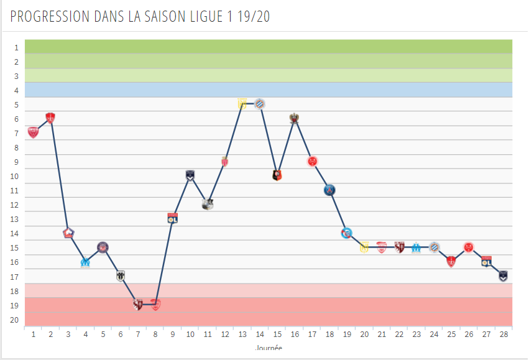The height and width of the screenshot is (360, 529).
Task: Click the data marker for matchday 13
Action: [x=242, y=104]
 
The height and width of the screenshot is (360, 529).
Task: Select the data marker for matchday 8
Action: [x=155, y=305]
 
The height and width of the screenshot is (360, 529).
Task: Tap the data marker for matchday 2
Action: [x=50, y=118]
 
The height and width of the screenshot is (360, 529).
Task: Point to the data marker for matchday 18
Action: [x=329, y=190]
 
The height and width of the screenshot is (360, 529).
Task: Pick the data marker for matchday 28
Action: [x=504, y=276]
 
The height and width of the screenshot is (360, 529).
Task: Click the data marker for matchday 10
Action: [x=190, y=175]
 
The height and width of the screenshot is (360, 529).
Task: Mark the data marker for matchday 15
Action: [x=277, y=175]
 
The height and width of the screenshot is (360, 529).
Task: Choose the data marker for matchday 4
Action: [x=85, y=262]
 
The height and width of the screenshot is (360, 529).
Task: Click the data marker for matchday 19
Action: [x=347, y=233]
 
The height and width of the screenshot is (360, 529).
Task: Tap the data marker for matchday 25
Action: [x=451, y=262]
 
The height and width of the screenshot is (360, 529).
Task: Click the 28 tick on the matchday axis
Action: [x=504, y=334]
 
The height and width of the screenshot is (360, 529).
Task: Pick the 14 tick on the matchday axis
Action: [x=260, y=334]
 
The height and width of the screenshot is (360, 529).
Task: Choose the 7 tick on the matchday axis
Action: [x=138, y=334]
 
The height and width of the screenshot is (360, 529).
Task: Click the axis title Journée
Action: [x=269, y=348]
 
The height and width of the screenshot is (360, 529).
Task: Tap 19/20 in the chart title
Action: [x=254, y=17]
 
